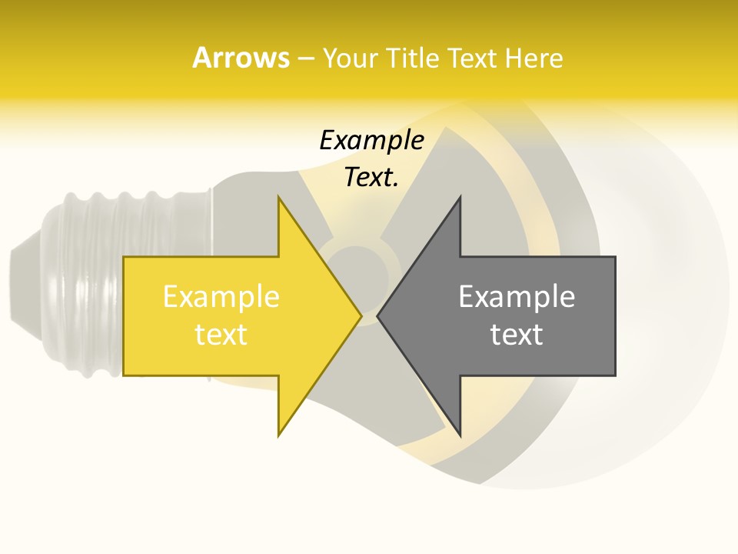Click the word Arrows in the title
coord(241,58)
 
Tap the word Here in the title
coord(534,58)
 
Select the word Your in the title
coord(350,58)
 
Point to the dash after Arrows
coord(305,58)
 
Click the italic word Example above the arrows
coord(371,141)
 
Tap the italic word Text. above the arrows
coord(371,177)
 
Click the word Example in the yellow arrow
coord(221,297)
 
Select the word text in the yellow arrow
coord(221,335)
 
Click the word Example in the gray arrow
coord(517,297)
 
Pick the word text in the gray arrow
coord(517,335)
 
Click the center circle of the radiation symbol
coord(360,269)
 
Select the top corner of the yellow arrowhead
coord(279,199)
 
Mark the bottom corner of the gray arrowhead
coord(460,434)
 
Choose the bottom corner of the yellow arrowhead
coord(279,434)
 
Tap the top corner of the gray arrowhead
coord(460,199)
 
